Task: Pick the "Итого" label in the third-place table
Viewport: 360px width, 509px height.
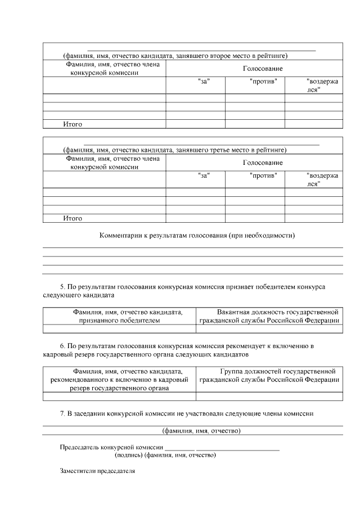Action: (x=73, y=218)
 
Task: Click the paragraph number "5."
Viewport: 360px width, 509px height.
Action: (x=62, y=287)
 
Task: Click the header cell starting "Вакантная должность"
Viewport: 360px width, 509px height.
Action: (x=269, y=316)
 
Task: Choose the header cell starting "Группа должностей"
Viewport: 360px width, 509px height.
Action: (x=269, y=376)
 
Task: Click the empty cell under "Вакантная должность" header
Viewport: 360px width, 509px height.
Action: (x=269, y=329)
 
